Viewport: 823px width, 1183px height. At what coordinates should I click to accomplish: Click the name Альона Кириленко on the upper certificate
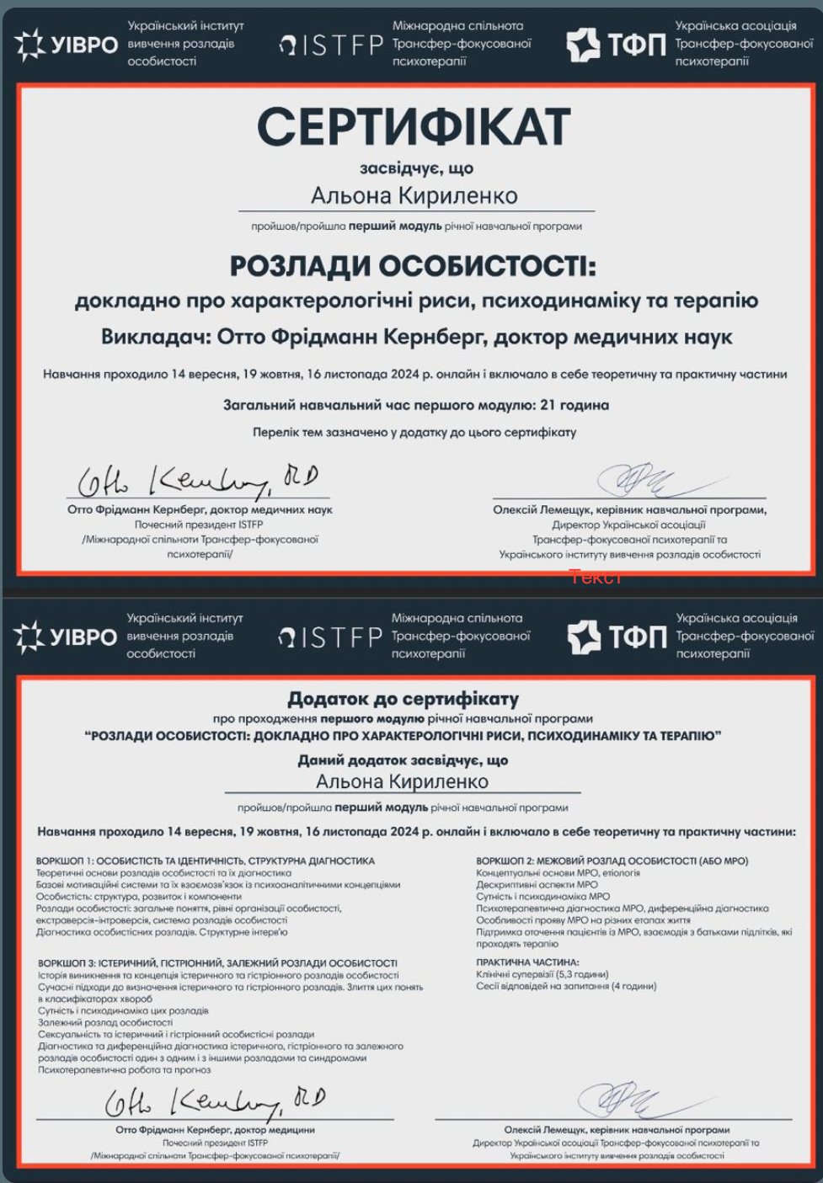click(x=414, y=196)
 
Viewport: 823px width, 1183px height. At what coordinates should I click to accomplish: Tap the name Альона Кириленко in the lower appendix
click(x=402, y=781)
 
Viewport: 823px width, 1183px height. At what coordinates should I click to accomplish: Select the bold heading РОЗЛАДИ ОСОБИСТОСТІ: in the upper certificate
click(x=413, y=266)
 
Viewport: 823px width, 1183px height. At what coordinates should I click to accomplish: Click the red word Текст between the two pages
click(x=595, y=577)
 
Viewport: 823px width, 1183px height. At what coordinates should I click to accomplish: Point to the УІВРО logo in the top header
click(x=66, y=44)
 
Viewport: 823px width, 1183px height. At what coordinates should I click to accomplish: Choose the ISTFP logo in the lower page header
click(x=330, y=637)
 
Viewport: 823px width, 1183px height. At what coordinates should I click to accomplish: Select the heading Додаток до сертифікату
click(x=403, y=698)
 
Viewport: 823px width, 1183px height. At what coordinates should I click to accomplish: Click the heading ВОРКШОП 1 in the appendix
click(x=206, y=861)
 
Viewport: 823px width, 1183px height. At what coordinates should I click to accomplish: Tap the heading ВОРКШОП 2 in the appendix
click(x=612, y=861)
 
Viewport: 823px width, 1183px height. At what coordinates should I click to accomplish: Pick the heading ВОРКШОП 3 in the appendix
click(x=217, y=963)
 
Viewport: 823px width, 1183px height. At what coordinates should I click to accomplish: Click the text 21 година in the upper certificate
click(x=574, y=405)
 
